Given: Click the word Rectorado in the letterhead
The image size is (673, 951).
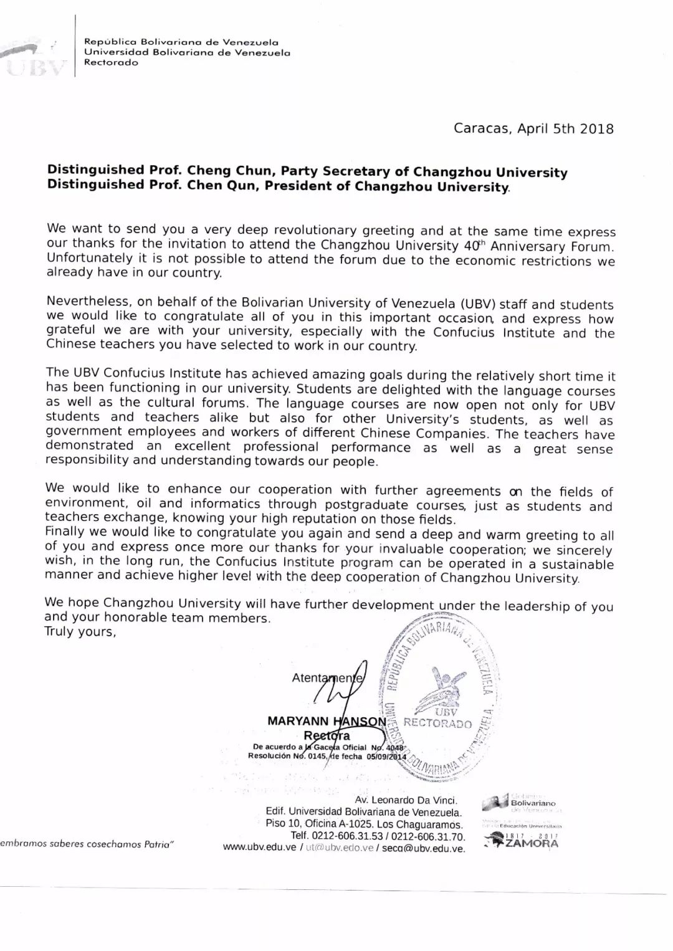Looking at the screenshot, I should [111, 63].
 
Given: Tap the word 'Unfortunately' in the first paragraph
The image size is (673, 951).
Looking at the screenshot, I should [80, 258].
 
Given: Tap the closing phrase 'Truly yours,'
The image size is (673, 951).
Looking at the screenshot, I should [80, 632].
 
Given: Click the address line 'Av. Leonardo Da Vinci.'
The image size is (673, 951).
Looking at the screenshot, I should [406, 800].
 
